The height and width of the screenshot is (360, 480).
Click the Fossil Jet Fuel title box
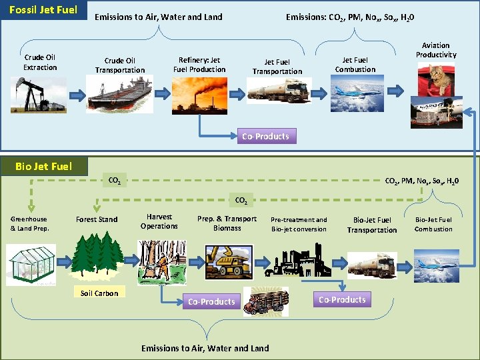click(x=43, y=11)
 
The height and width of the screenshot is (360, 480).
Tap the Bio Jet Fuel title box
click(x=43, y=166)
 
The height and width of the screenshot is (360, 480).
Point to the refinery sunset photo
click(x=199, y=94)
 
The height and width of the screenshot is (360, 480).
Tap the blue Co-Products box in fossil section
click(x=265, y=137)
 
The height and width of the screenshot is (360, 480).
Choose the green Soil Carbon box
click(x=99, y=293)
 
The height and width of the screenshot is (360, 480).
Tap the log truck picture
click(x=266, y=301)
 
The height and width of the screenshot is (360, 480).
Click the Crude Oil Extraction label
click(x=40, y=63)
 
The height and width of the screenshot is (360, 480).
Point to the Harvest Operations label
click(x=159, y=221)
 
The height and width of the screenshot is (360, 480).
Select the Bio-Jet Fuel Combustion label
click(x=433, y=224)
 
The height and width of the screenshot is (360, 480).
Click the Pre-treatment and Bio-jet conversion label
click(x=299, y=224)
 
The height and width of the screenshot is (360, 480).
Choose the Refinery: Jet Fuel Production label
click(x=199, y=65)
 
